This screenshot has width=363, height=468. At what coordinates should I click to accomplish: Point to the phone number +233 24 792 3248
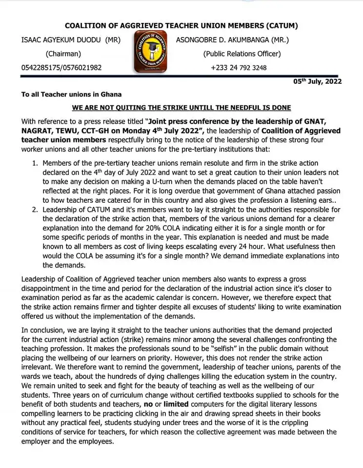239,68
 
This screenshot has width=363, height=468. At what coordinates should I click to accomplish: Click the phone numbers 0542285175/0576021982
61,68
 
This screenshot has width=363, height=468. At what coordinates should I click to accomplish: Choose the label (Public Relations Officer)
242,54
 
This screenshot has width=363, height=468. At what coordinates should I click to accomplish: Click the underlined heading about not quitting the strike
181,107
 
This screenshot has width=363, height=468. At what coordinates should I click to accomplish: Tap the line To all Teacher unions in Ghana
71,94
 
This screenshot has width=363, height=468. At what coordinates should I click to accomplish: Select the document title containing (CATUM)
181,26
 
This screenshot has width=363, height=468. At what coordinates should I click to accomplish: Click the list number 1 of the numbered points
35,163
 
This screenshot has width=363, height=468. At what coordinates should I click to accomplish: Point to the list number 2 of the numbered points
35,210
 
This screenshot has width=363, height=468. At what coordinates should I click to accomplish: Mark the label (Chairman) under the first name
63,54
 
